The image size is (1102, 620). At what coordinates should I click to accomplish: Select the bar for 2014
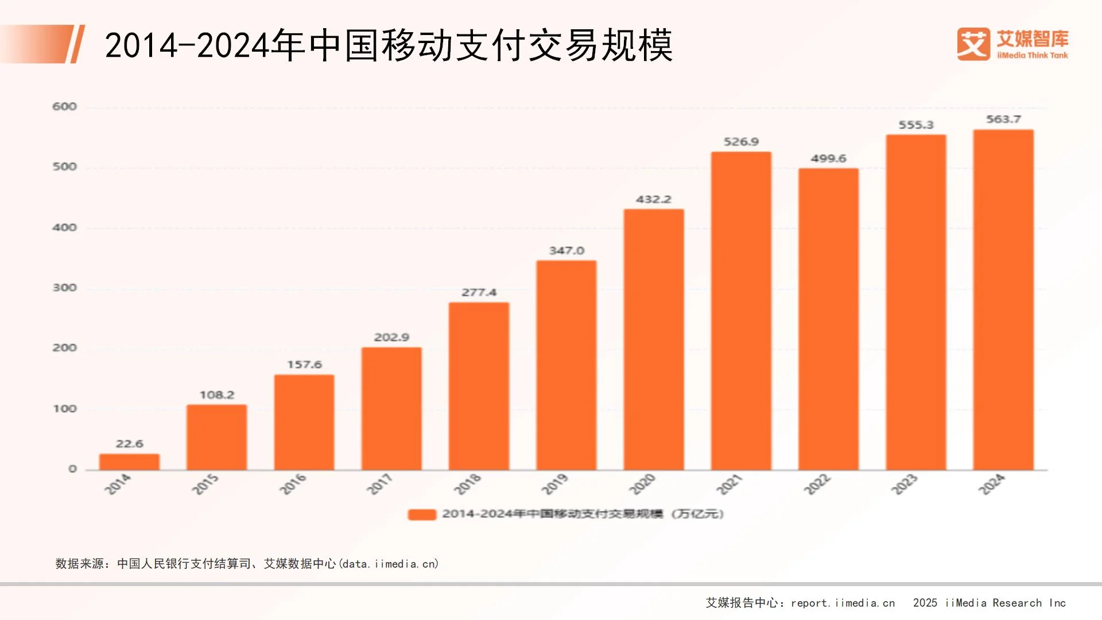[129, 462]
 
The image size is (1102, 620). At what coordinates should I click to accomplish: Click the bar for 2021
[741, 311]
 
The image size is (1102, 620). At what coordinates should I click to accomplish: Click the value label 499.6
[828, 158]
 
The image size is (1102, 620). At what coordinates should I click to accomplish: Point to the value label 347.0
[566, 251]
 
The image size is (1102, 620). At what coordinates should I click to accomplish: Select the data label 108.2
[217, 395]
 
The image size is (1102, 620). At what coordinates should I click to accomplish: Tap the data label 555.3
[916, 125]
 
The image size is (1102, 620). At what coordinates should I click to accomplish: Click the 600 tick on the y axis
[64, 107]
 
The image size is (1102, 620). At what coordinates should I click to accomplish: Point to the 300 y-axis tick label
[64, 288]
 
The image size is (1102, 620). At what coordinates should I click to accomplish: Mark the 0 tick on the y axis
[72, 469]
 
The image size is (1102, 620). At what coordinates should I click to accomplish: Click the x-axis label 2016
[293, 485]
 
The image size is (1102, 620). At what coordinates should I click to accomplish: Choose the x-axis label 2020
[642, 485]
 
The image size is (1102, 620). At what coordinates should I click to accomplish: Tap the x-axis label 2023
[905, 485]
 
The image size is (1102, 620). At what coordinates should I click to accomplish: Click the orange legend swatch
[422, 514]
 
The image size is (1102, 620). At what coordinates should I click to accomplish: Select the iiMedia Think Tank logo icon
[973, 44]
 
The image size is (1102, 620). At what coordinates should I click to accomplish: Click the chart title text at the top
[388, 45]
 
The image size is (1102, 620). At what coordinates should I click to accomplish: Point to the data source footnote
[247, 564]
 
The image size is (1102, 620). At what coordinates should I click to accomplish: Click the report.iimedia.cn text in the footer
[843, 603]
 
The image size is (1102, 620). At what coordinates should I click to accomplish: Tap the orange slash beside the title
[77, 44]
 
